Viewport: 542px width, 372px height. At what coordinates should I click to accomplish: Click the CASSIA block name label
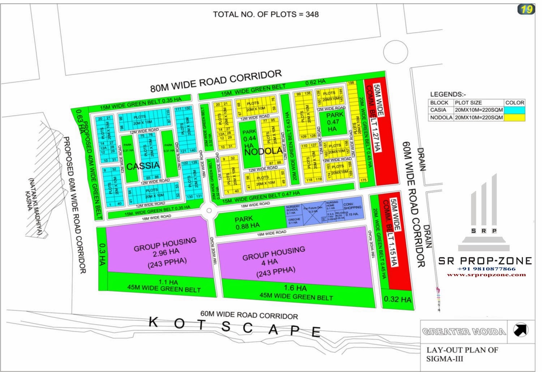(x=143, y=166)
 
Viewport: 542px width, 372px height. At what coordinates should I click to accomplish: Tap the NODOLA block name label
(x=263, y=151)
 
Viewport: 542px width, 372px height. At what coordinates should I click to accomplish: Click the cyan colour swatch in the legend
(x=514, y=110)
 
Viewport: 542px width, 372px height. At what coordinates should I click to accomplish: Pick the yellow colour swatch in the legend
(x=514, y=117)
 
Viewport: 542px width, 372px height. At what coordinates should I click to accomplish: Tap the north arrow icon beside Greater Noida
(x=520, y=330)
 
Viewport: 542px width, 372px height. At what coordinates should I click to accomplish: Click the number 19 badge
(x=526, y=9)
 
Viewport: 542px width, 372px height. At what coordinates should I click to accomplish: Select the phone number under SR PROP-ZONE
(x=486, y=269)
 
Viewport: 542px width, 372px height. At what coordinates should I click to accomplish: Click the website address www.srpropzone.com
(x=486, y=275)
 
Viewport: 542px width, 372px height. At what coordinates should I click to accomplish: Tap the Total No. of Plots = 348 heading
(x=266, y=14)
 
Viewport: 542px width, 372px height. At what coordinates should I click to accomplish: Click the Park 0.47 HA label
(x=332, y=122)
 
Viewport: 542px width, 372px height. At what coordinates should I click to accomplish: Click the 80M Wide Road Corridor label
(x=216, y=81)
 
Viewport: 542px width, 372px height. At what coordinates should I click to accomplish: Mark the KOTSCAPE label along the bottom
(x=235, y=326)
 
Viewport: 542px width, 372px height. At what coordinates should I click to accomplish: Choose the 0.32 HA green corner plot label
(x=397, y=299)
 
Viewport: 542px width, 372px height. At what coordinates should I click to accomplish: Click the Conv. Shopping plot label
(x=352, y=209)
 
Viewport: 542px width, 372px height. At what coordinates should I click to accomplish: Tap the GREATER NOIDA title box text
(x=464, y=332)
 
